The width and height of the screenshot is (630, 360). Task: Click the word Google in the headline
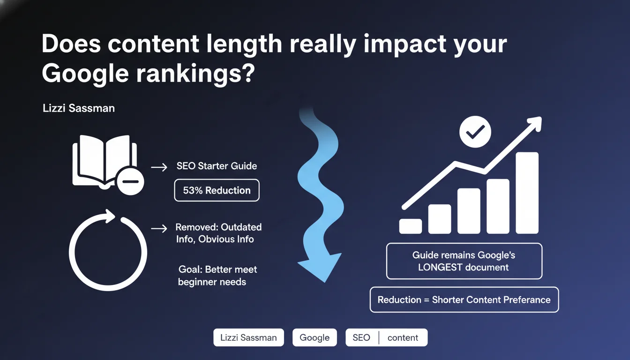[x=85, y=74]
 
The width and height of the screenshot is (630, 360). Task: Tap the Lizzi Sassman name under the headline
[x=79, y=108]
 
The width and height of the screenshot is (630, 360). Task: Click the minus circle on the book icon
[x=130, y=181]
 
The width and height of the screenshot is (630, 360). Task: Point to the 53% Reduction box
[x=217, y=190]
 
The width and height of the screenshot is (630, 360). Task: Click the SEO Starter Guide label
[x=217, y=166]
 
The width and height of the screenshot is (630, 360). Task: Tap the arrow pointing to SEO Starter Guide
[x=159, y=167]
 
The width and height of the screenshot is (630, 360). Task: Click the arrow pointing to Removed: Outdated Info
[x=159, y=228]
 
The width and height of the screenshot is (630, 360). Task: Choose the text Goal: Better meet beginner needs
[x=217, y=276]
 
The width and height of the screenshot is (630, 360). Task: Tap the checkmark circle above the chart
[x=475, y=132]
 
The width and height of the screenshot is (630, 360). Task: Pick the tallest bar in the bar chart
[x=527, y=193]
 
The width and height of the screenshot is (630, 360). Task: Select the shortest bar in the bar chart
[x=410, y=226]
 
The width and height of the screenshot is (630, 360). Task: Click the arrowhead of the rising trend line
[x=534, y=124]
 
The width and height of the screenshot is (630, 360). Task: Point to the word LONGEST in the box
[x=440, y=267]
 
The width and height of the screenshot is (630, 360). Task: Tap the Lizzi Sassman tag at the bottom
[x=248, y=337]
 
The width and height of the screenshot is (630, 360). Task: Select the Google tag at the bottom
[x=315, y=337]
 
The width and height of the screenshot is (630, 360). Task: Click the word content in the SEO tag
[x=403, y=337]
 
